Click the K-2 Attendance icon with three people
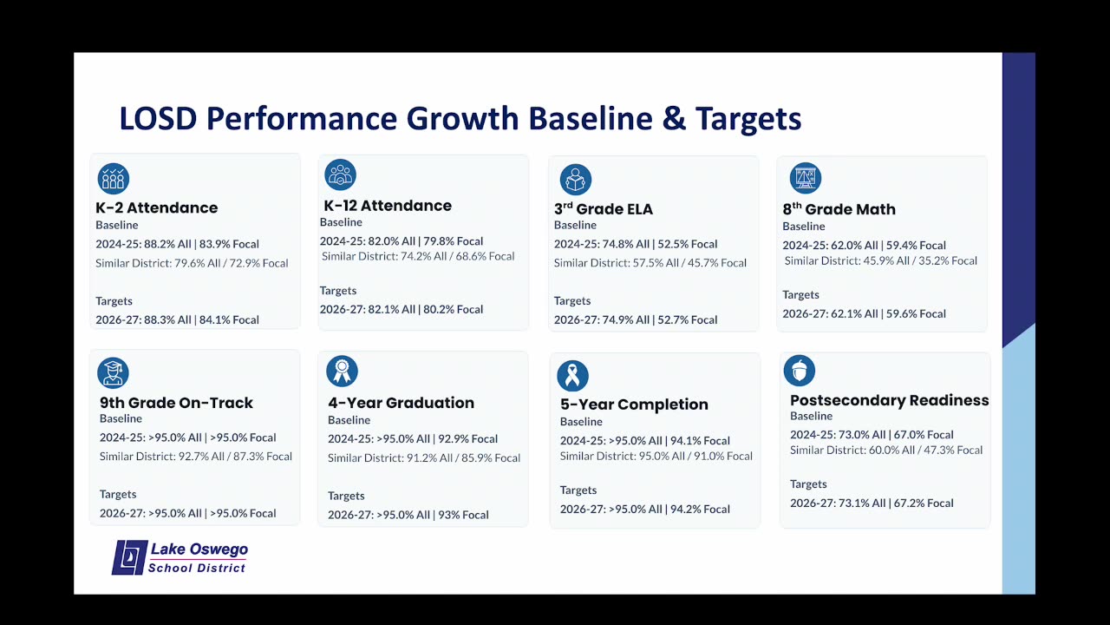point(114,179)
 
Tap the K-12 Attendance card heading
point(388,206)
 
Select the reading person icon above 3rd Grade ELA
point(576,180)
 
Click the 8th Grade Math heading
point(839,209)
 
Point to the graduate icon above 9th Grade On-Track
point(113,372)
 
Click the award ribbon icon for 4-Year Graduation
point(342,371)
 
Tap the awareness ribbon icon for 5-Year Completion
point(573,376)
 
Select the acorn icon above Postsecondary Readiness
point(800,371)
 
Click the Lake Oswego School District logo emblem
point(130,557)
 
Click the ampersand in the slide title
point(674,119)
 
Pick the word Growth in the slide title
point(462,119)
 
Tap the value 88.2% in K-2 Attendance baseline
point(160,244)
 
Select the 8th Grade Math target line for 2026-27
point(865,313)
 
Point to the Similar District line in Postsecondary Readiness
point(886,450)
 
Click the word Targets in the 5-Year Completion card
point(578,490)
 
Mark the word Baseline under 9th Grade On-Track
point(121,418)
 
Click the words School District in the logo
point(197,568)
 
